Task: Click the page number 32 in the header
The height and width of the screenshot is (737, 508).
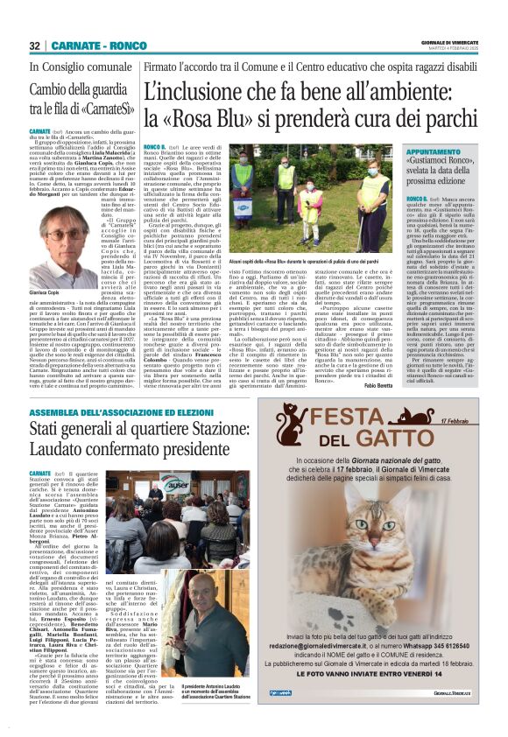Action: [x=35, y=46]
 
